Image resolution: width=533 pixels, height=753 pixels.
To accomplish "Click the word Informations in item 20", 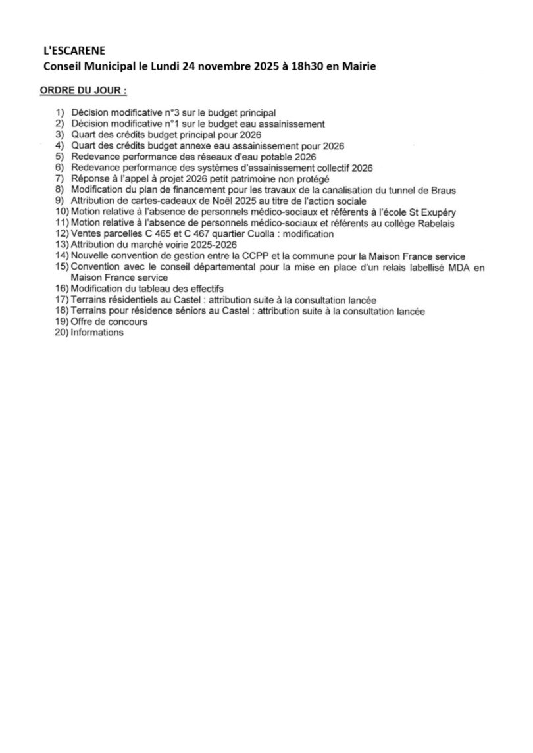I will coord(97,333).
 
